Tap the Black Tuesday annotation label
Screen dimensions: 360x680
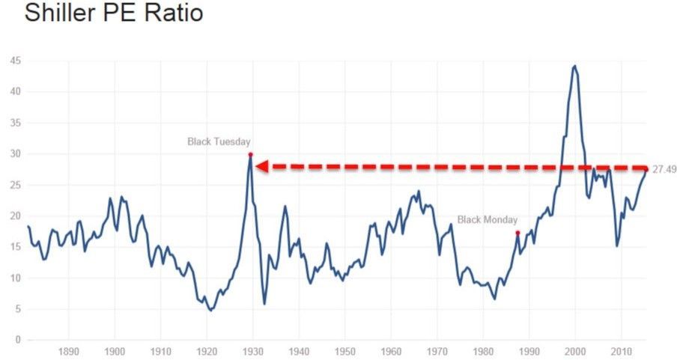[x=219, y=141]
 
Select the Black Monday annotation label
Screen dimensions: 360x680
[x=487, y=219]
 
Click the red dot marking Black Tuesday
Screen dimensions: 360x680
[x=250, y=155]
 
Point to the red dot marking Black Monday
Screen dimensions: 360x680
[x=517, y=233]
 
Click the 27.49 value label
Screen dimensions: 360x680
[x=664, y=170]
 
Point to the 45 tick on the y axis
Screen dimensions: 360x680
[x=16, y=61]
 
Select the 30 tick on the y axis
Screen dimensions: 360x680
[x=16, y=154]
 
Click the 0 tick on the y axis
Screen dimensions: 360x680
[x=18, y=341]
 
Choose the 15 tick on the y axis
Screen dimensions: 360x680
[x=16, y=247]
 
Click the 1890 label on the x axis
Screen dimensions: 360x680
[x=68, y=351]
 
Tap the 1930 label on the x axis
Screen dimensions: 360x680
[x=252, y=351]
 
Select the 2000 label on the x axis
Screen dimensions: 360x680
[x=575, y=351]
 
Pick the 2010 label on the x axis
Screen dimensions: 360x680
[x=621, y=351]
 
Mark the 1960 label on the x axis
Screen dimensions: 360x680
[x=391, y=351]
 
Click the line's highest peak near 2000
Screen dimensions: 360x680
[x=574, y=66]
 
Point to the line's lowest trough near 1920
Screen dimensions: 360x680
[x=210, y=310]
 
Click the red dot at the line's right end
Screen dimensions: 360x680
[x=646, y=168]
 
